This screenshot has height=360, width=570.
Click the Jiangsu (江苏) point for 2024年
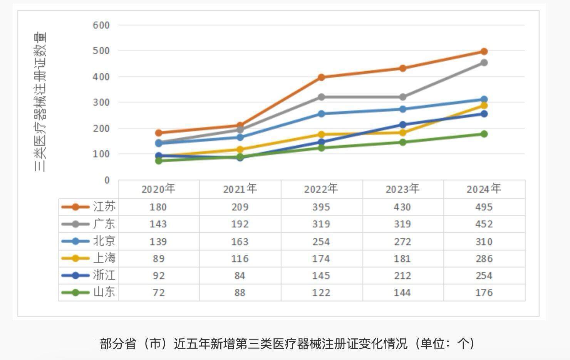pos(484,52)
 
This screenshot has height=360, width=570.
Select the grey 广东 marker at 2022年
pos(321,97)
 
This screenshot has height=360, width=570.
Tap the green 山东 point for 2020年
pos(158,160)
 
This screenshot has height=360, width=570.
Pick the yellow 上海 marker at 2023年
pos(402,133)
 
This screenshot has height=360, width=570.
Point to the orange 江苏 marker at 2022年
pos(321,77)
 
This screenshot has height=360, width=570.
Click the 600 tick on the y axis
pos(101,25)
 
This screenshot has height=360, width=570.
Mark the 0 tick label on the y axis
pos(107,180)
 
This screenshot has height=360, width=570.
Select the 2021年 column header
pos(240,189)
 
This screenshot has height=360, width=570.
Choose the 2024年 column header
pos(484,189)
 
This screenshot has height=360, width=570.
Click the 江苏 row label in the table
pos(104,207)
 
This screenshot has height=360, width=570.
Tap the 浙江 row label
pos(104,275)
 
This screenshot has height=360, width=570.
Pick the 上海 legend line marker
pos(75,258)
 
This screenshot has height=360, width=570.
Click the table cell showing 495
pos(484,207)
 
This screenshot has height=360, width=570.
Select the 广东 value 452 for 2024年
pos(484,224)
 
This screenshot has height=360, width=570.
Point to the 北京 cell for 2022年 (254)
pos(321,242)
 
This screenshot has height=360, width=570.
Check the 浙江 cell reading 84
pos(240,276)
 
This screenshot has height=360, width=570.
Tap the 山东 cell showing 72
pos(158,293)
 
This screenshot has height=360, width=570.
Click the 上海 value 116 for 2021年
pos(240,259)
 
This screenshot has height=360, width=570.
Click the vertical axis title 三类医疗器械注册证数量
pos(40,102)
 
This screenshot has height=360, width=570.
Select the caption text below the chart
pos(287,343)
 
